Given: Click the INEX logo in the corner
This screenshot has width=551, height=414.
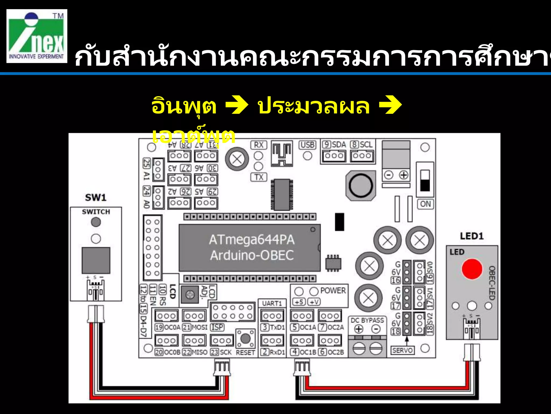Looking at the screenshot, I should (37, 36).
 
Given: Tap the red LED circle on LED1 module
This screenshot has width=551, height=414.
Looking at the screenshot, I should (472, 269).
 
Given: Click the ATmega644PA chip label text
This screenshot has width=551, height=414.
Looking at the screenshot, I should (252, 240).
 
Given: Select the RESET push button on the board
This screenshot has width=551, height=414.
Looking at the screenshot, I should (245, 339).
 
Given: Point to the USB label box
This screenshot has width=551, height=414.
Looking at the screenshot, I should (307, 145).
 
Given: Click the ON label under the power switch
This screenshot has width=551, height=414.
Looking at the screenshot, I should (425, 204).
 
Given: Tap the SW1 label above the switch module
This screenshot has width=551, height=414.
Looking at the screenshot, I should (96, 198).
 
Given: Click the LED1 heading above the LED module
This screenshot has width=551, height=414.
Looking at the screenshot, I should (472, 236).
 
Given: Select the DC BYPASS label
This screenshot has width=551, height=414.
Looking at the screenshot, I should (367, 320).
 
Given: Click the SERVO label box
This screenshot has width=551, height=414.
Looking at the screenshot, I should (402, 350).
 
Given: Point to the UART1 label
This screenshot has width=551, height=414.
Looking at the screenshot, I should (272, 303).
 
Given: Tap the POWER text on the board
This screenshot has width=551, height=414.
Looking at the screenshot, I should (333, 291).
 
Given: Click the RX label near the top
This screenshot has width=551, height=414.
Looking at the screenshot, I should (259, 145).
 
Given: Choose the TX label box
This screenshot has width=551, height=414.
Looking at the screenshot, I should (259, 177).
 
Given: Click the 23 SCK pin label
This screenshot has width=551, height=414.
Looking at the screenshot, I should (221, 352).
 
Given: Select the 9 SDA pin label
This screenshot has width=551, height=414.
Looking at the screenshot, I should (334, 145).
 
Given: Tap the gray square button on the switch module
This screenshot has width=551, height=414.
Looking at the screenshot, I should (96, 260).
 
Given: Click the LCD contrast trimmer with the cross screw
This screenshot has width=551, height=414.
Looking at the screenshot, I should (190, 295).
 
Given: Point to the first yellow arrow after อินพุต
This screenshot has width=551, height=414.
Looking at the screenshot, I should (236, 105).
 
